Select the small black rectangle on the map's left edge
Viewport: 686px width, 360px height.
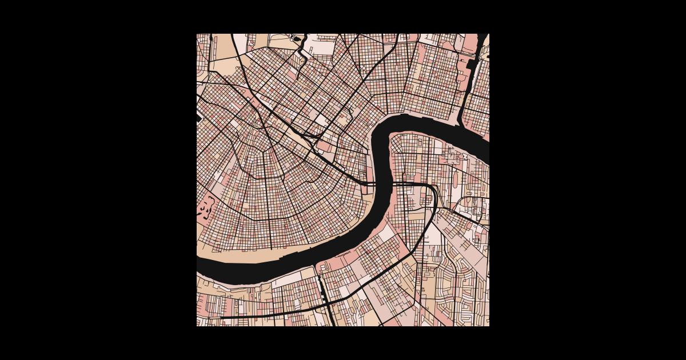[199, 118]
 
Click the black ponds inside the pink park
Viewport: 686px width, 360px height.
[205, 208]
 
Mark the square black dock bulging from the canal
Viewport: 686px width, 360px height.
[472, 63]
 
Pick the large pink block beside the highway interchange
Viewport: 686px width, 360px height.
[323, 146]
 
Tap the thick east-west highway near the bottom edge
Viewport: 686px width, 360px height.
[269, 315]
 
